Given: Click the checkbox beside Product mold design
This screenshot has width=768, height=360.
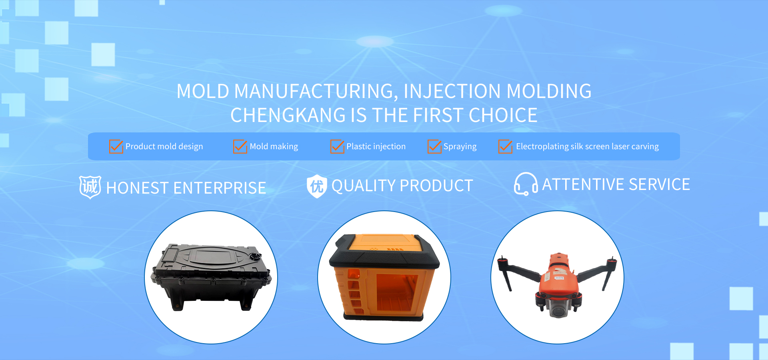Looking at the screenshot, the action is point(116,146).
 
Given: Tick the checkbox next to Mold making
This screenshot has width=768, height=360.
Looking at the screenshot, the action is point(240,146).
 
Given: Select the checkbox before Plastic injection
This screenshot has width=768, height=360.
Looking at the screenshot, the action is point(337,146).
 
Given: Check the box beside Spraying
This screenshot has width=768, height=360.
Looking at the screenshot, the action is point(434,146).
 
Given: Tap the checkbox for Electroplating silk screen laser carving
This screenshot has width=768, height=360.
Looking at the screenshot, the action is point(505,146).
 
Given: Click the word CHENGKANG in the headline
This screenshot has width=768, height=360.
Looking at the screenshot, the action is point(288,115).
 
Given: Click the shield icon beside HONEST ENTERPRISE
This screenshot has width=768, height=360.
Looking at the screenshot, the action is point(90,187).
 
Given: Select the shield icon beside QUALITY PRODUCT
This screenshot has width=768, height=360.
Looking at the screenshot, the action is point(317,186).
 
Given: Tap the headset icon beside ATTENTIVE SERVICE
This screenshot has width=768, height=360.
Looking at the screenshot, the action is point(526,184).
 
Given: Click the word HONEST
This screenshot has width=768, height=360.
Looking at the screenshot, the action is point(138,188).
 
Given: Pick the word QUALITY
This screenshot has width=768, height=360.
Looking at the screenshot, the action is point(364,186).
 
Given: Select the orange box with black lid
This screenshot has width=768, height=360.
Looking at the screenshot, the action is point(384,277).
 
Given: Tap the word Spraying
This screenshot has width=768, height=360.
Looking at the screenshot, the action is point(460,147).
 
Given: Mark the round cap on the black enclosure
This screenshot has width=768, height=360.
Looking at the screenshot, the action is point(254,256).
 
